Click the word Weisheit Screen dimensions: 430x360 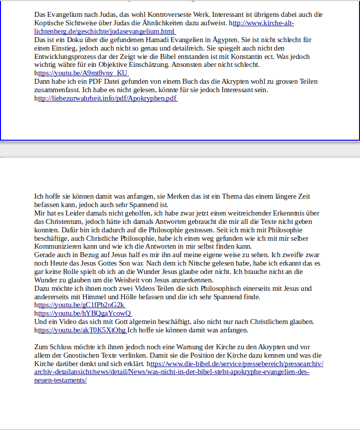(145, 280)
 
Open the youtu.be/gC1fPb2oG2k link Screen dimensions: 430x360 (81, 305)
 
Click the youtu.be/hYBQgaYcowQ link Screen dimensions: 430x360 (84, 313)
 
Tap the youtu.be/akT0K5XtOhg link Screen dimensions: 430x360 (82, 330)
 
